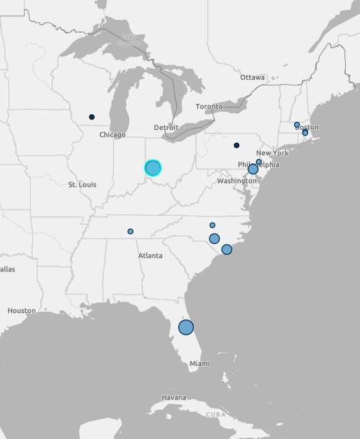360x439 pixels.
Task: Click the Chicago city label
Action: [x=112, y=135]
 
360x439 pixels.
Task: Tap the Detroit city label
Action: [x=166, y=127]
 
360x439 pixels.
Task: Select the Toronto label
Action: [x=209, y=106]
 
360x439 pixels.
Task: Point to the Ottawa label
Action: [x=252, y=77]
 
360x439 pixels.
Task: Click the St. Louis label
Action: [x=82, y=184]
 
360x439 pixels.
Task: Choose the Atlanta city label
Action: [x=150, y=255]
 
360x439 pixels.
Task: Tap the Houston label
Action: [x=22, y=310]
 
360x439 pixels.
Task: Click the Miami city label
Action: [x=199, y=364]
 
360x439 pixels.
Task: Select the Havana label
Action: [x=173, y=397]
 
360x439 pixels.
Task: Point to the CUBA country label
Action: [x=216, y=414]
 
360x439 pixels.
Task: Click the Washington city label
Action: [x=236, y=181]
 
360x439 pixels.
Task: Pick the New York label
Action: [x=272, y=153]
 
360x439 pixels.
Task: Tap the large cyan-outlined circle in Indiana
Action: [x=153, y=168]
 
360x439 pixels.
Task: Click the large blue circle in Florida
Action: [x=186, y=327]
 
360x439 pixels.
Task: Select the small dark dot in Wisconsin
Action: [x=92, y=117]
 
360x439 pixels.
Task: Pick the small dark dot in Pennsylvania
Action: [x=236, y=145]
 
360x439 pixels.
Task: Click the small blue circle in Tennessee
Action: [x=131, y=231]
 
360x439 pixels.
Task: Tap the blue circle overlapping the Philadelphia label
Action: [x=253, y=169]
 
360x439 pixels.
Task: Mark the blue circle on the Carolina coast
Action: [x=226, y=249]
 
